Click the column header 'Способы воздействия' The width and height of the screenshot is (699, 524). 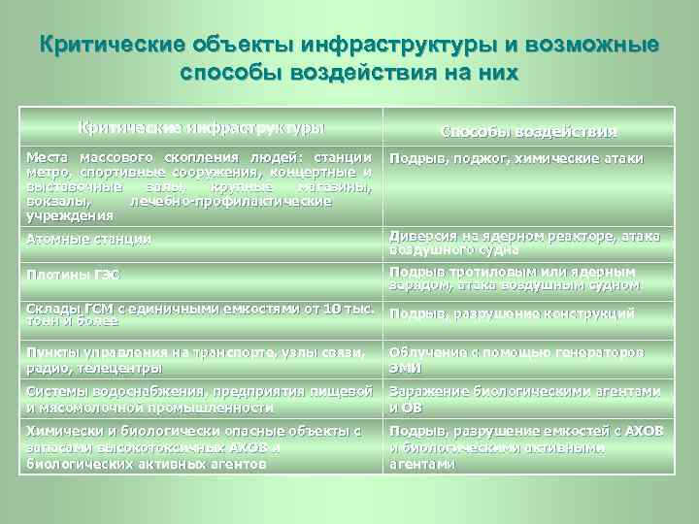click(x=529, y=131)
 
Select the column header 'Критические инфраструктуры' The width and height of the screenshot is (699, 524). click(x=201, y=127)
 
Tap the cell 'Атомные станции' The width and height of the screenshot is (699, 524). click(x=88, y=238)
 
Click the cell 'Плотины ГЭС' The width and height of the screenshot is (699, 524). click(x=73, y=276)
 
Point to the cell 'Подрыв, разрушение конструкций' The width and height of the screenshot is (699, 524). click(x=512, y=313)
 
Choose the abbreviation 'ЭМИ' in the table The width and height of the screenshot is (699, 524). click(x=405, y=369)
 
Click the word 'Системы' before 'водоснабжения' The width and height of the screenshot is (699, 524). click(x=57, y=392)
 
